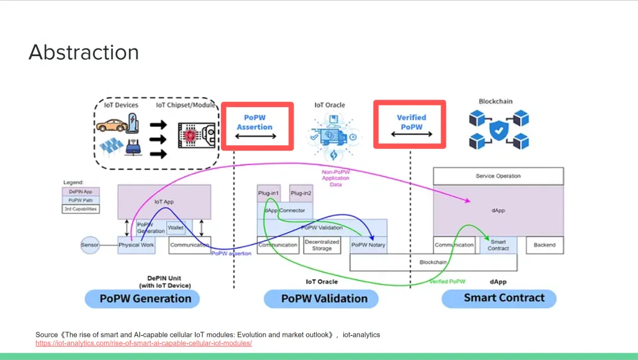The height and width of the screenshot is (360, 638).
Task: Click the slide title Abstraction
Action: tap(83, 53)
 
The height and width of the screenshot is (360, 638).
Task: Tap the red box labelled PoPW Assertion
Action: tap(257, 126)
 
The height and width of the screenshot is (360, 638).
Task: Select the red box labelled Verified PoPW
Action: tap(410, 124)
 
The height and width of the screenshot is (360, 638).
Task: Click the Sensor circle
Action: tap(90, 245)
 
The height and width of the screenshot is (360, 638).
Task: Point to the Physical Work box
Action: tap(136, 245)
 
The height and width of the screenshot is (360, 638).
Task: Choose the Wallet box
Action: tap(175, 227)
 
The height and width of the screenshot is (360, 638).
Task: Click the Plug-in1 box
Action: tap(268, 193)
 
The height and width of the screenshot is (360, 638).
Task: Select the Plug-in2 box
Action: tap(301, 193)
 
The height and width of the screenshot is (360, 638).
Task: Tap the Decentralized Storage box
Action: tap(322, 245)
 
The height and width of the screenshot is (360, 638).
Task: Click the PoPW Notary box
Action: tap(368, 245)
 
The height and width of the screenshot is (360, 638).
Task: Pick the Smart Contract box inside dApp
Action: tap(498, 245)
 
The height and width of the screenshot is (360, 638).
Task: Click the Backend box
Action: tap(544, 245)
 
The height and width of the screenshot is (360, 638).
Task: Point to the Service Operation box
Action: tap(498, 176)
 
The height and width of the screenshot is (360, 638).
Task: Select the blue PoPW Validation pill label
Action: tap(324, 298)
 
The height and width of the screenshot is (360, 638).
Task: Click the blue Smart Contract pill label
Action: tap(503, 297)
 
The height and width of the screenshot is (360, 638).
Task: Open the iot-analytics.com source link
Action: tap(144, 343)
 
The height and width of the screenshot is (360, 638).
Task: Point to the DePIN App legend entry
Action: tap(81, 192)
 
